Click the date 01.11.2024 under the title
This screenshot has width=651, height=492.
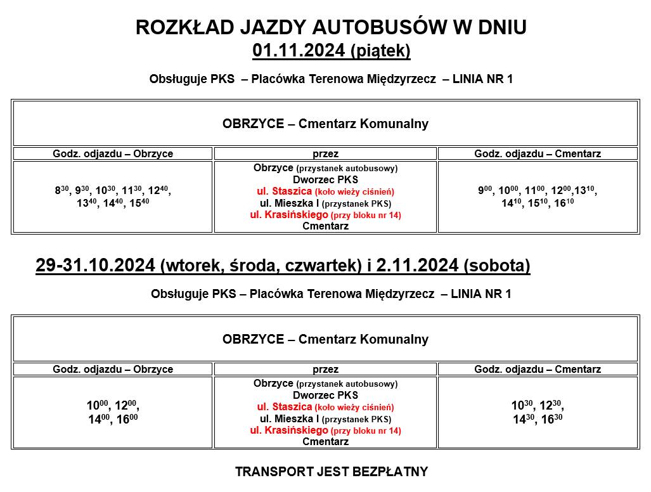299,51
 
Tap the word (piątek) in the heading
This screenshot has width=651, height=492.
380,51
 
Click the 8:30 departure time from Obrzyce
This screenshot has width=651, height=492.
61,190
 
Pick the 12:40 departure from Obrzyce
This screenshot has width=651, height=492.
160,190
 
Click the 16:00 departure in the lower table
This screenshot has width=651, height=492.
127,419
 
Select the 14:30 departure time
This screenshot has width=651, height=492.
524,419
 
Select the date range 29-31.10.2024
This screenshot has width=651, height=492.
95,266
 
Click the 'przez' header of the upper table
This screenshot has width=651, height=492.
325,153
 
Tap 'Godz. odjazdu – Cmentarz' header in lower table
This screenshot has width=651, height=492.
538,369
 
